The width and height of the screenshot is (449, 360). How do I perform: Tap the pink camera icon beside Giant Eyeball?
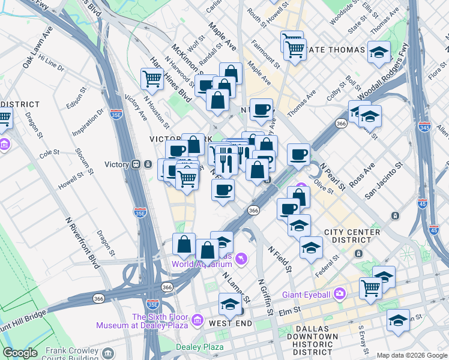point(340,293)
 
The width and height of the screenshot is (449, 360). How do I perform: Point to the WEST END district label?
point(229,323)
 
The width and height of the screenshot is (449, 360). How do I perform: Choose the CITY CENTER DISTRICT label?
point(352,236)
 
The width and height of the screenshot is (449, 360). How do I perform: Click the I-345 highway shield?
point(423,205)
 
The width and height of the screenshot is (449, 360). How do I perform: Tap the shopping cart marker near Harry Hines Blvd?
point(152,78)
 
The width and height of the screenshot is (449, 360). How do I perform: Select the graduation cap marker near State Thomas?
point(379,52)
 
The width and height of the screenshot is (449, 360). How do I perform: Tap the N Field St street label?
point(279,258)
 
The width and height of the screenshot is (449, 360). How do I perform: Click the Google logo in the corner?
point(20,353)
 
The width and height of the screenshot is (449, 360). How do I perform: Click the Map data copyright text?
point(411,355)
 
